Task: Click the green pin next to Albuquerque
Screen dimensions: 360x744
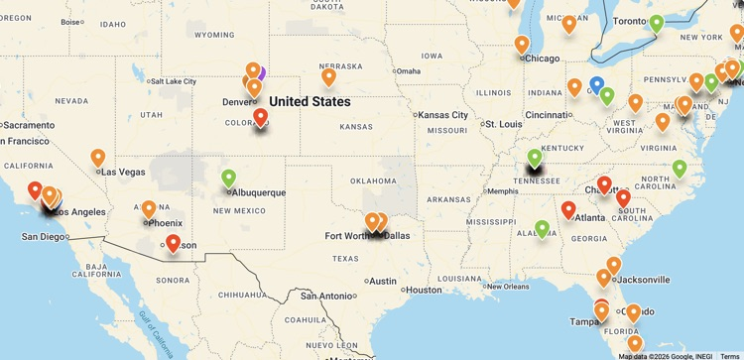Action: coord(229,179)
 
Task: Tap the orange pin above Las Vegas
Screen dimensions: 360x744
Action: coord(98,157)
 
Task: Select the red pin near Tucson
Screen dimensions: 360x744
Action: coord(173,243)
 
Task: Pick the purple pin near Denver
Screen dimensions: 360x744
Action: coord(261,72)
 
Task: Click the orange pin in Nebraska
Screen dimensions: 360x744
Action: coord(328,75)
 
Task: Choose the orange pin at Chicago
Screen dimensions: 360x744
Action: coord(522,44)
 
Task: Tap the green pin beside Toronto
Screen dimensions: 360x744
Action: coord(656,23)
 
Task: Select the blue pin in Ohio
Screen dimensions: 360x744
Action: coord(596,85)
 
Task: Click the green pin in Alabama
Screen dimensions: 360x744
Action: coord(542,229)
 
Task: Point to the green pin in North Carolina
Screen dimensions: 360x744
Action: coord(680,169)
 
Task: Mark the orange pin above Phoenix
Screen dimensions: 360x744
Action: coord(149,209)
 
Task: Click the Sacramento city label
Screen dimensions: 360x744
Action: coord(29,125)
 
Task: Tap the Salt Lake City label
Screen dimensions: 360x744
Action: coord(173,81)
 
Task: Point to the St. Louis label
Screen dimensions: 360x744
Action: coord(504,124)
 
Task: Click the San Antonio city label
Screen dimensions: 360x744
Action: coord(327,296)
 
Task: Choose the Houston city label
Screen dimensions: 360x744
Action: coord(423,290)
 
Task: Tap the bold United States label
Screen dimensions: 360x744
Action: coord(310,101)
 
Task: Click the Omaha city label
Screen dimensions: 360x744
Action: coord(409,70)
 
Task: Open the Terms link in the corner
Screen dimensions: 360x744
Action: coord(729,356)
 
